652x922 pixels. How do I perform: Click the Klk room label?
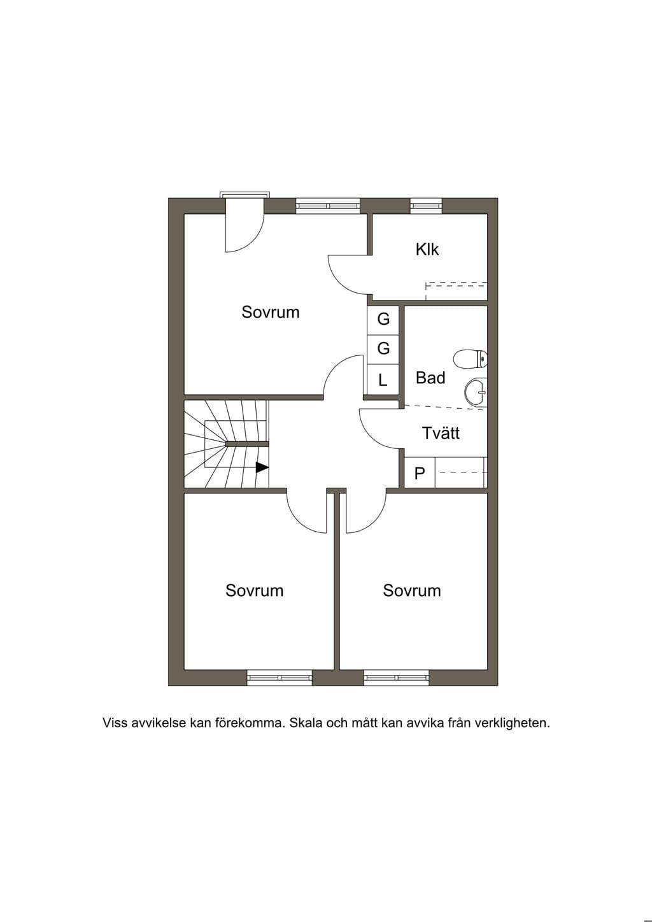(427, 250)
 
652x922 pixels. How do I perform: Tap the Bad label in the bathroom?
(430, 378)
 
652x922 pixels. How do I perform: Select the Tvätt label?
(441, 433)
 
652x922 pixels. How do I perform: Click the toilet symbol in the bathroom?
(470, 359)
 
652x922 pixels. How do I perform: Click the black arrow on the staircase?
(262, 467)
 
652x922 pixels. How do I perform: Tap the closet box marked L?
(383, 379)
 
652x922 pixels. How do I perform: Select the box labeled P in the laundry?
(420, 473)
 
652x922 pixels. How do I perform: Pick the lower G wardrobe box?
(383, 350)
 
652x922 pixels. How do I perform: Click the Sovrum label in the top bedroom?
(271, 312)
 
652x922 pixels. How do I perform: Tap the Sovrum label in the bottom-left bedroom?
(255, 591)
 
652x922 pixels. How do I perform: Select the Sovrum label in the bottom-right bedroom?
(412, 591)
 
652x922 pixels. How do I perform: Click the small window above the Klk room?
(426, 206)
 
